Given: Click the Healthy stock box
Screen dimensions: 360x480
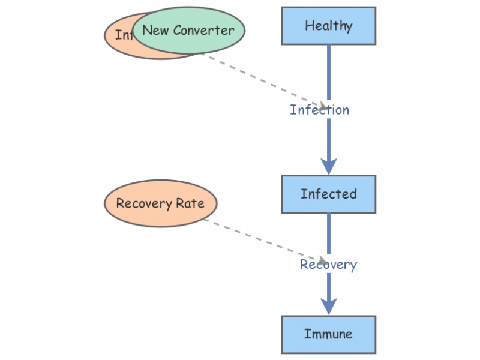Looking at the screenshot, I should [x=329, y=26].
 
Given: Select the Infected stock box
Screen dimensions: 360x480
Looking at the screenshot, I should [x=329, y=194].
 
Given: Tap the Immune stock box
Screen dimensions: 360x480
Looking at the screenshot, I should [x=329, y=334].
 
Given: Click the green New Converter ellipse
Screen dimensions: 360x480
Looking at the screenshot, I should [x=188, y=30].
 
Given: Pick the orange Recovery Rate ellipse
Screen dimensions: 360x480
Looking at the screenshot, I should [x=160, y=203].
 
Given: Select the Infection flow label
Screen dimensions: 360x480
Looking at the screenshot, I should [x=319, y=110].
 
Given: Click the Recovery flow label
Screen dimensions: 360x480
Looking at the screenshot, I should [x=328, y=265].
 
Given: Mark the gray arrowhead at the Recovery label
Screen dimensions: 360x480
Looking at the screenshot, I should [x=322, y=261].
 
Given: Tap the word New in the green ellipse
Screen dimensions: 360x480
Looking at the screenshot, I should [x=155, y=30].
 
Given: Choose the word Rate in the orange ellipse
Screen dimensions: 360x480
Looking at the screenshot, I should [x=190, y=203].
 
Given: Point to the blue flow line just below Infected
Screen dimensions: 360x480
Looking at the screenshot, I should [x=329, y=231].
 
